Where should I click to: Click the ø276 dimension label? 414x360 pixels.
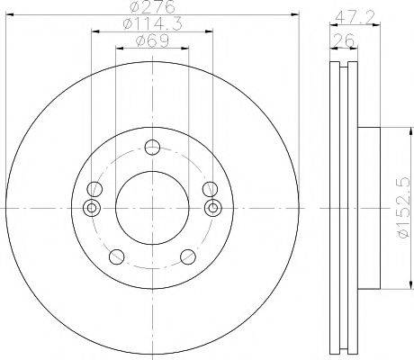pos(153,7)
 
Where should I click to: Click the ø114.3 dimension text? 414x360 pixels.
pos(153,23)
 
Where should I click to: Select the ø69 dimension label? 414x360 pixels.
pos(153,40)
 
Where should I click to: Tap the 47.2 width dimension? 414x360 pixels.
pos(355,17)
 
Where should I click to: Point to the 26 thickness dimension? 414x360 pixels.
pos(344,40)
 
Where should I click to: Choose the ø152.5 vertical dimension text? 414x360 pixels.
pos(403,208)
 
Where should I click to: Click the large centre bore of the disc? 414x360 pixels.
pos(152,208)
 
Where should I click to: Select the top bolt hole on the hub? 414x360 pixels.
pos(152,148)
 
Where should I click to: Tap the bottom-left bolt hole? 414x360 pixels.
pos(117,256)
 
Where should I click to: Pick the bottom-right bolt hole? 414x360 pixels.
pos(188,256)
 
